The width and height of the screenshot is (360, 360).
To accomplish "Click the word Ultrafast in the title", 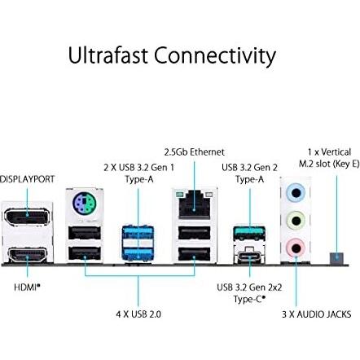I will [x=108, y=56].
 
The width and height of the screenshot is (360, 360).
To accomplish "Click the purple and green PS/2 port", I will [x=83, y=204].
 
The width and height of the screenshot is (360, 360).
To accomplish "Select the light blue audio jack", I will [x=295, y=193].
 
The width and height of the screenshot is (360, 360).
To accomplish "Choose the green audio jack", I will [x=295, y=220].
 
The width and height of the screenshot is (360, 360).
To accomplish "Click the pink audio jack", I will [x=295, y=247].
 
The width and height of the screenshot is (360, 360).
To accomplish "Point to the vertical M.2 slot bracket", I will [x=336, y=257].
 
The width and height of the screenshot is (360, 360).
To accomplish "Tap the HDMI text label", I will [x=27, y=286].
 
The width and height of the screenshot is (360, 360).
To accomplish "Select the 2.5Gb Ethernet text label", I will [x=194, y=151].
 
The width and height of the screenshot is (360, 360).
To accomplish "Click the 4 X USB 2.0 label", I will [x=138, y=314].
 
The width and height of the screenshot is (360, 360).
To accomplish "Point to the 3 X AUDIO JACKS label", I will [x=316, y=314].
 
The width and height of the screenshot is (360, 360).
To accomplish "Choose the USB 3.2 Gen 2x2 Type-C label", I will [x=249, y=292].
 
